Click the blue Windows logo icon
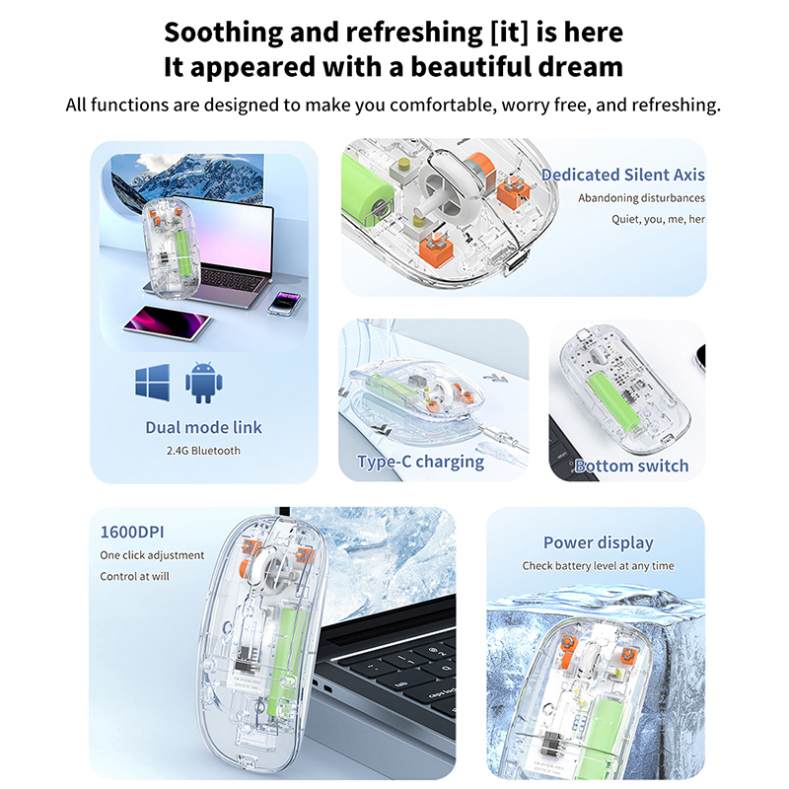click(x=153, y=383)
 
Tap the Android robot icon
click(x=204, y=383)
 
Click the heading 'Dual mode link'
click(x=204, y=427)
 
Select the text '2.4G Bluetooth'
click(x=204, y=451)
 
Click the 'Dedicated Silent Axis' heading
click(x=623, y=175)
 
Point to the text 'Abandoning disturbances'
click(x=642, y=198)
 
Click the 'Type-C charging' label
click(x=421, y=462)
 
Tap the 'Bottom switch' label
click(x=631, y=466)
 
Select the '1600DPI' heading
click(x=132, y=532)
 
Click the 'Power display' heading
click(x=599, y=542)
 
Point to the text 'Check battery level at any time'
click(x=599, y=566)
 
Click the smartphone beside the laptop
click(x=284, y=304)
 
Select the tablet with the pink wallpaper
click(x=167, y=323)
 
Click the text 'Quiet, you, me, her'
click(x=658, y=219)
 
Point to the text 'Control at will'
click(x=134, y=577)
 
